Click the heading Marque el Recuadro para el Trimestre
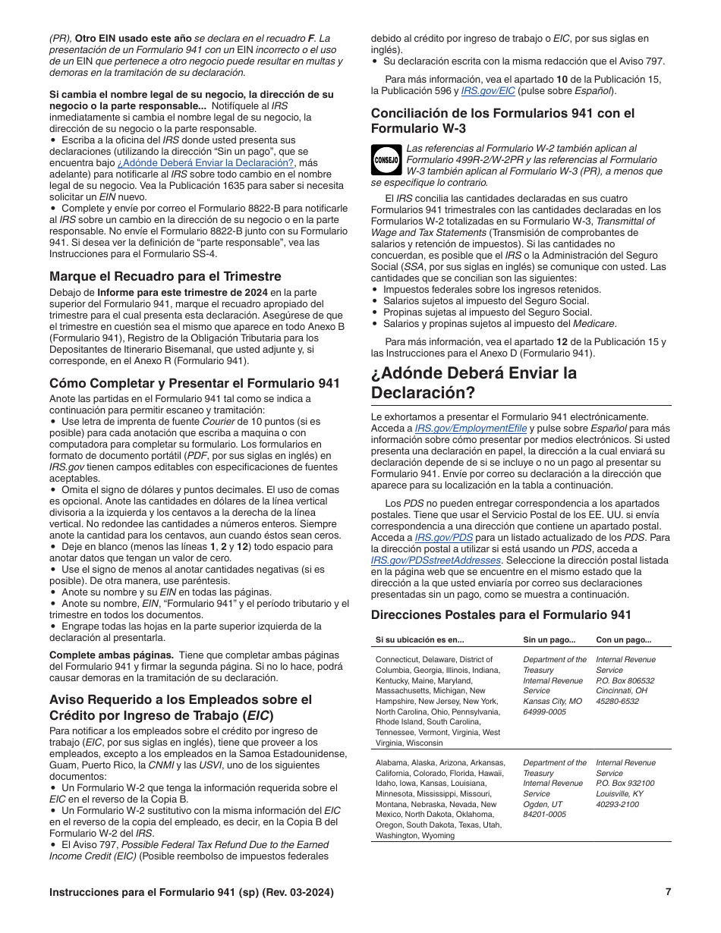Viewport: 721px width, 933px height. click(165, 276)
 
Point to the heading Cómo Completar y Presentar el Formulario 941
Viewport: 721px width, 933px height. click(194, 384)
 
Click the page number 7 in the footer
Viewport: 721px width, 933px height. click(668, 892)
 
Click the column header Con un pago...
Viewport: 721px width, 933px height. click(623, 640)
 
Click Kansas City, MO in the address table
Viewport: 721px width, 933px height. click(553, 702)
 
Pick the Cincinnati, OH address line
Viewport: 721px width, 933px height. click(622, 691)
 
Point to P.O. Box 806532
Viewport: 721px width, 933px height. click(625, 681)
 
